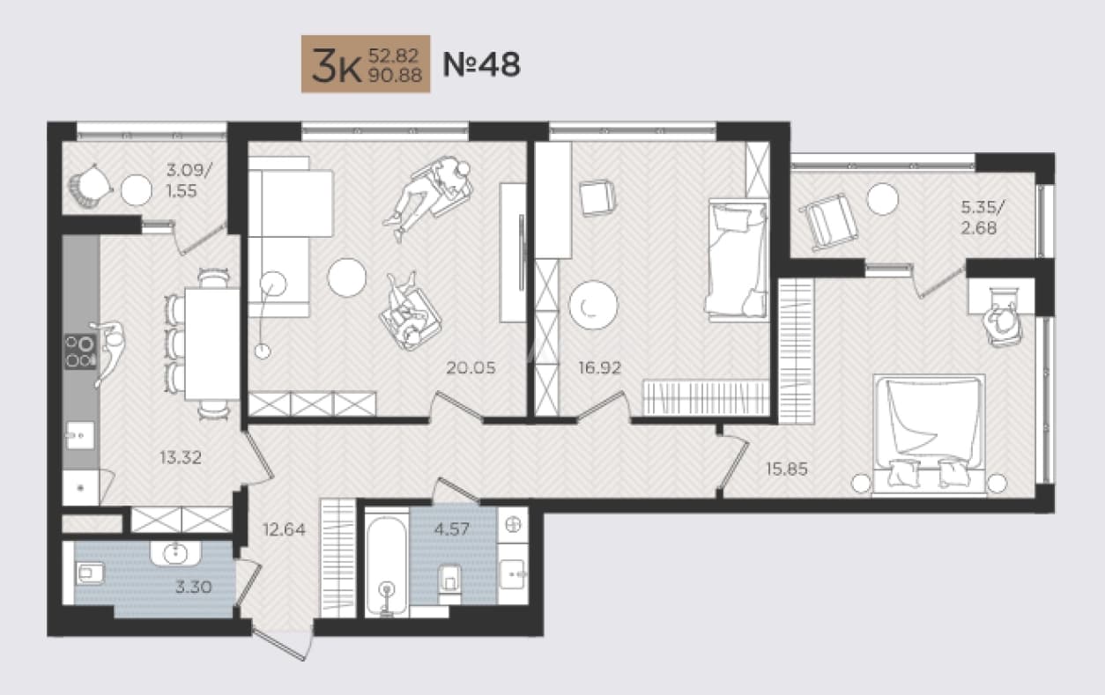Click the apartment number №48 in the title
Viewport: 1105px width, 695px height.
pyautogui.click(x=481, y=64)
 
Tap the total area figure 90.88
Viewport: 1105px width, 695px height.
pyautogui.click(x=395, y=75)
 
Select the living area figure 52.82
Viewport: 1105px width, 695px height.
pyautogui.click(x=394, y=55)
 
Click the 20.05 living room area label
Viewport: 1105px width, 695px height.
pyautogui.click(x=471, y=367)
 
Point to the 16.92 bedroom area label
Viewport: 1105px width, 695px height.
pyautogui.click(x=599, y=367)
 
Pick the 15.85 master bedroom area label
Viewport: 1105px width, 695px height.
pyautogui.click(x=787, y=469)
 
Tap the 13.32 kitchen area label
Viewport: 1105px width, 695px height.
pyautogui.click(x=181, y=457)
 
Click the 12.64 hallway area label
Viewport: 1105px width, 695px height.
pyautogui.click(x=284, y=529)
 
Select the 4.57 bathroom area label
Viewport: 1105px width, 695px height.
pyautogui.click(x=452, y=529)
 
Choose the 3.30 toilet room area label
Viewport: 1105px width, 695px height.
pyautogui.click(x=194, y=587)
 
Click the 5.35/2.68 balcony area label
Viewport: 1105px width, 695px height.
pyautogui.click(x=982, y=217)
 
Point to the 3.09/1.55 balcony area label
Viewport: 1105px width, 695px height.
pyautogui.click(x=189, y=181)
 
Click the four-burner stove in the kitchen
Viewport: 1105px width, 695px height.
pyautogui.click(x=80, y=351)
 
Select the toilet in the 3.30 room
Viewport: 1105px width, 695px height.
pyautogui.click(x=90, y=573)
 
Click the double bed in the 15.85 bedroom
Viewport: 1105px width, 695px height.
pyautogui.click(x=929, y=433)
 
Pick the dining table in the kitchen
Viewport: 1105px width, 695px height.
pyautogui.click(x=212, y=344)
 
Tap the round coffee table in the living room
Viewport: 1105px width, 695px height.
pyautogui.click(x=347, y=277)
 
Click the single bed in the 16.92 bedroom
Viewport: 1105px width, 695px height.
pyautogui.click(x=738, y=260)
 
